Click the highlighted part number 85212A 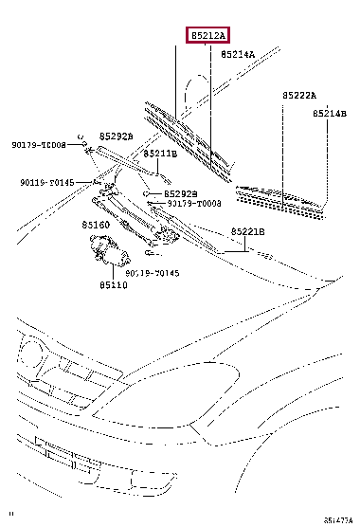pos(207,35)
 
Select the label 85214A pos(238,55)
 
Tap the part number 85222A pos(298,96)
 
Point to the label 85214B pos(332,113)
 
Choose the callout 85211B pos(160,153)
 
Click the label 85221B pos(247,231)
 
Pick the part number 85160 pos(95,226)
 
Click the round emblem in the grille pos(32,357)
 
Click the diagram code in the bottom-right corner pos(338,520)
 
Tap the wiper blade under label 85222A pos(279,198)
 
